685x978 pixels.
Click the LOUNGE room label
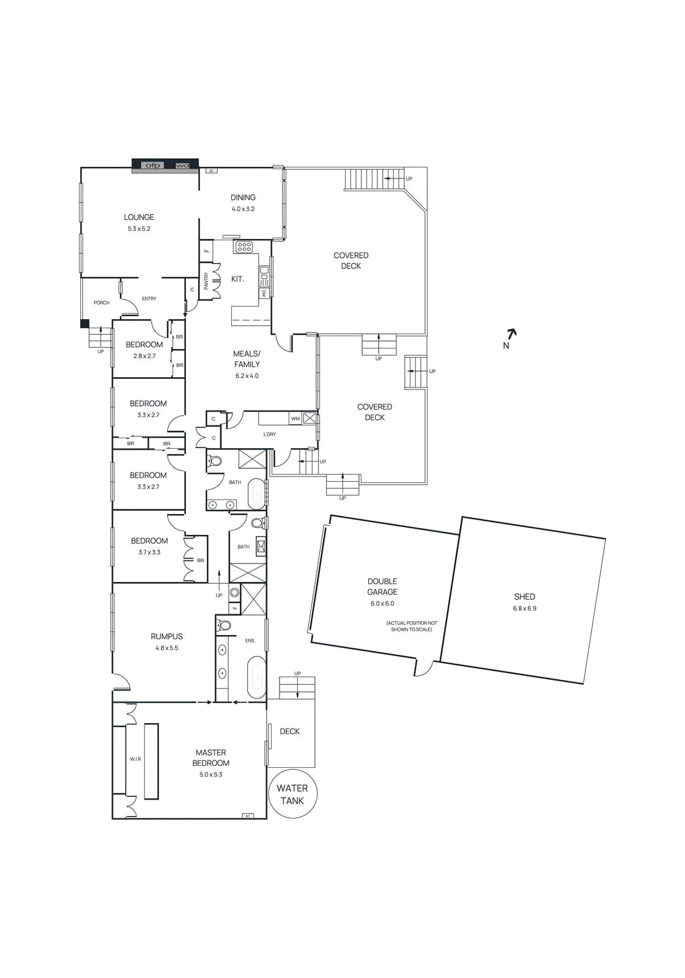point(139,217)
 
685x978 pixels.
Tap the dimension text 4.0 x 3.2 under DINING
point(243,209)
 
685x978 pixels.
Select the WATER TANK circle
point(292,795)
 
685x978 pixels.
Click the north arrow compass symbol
point(510,335)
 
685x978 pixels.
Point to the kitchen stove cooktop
point(244,247)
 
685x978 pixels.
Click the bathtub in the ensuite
point(257,677)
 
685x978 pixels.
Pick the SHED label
point(524,597)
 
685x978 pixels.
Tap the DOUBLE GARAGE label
point(382,586)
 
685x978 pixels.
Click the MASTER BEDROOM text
point(211,758)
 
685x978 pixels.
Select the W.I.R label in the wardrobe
point(135,759)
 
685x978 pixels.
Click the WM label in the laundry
point(295,419)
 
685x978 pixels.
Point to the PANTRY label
point(206,281)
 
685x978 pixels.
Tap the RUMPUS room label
point(166,636)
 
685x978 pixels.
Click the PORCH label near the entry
point(102,303)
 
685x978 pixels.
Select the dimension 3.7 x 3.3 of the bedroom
point(149,552)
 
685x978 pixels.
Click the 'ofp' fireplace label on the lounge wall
point(152,166)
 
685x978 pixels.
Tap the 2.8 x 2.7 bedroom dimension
point(144,356)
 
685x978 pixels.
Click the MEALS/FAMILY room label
point(247,359)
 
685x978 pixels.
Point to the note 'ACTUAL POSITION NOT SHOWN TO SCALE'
point(412,626)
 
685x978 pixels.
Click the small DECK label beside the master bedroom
point(290,731)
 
